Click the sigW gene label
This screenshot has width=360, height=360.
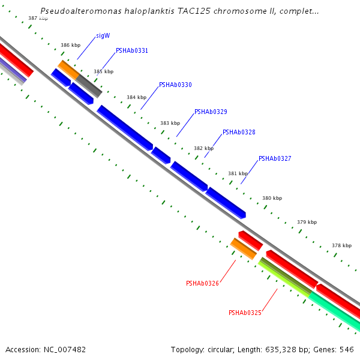pos(103,36)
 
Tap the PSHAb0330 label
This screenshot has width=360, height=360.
pos(175,85)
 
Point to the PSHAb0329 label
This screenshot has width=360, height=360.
pos(211,112)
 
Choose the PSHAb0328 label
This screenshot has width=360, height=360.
pos(239,132)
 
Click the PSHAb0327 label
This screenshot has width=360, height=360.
pos(275,159)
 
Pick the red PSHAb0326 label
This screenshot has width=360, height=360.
pos(202,283)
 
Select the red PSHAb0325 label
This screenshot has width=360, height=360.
pos(245,313)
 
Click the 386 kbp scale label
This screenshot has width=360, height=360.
pos(70,46)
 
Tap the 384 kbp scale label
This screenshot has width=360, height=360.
pos(136,97)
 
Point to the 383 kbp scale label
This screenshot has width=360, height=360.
pos(170,123)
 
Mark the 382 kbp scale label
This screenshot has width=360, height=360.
pos(203,148)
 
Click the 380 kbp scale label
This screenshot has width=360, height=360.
pos(272,198)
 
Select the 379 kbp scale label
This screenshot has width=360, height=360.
pos(307,222)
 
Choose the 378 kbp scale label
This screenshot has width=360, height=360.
pos(341,245)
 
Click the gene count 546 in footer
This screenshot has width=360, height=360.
pos(347,349)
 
